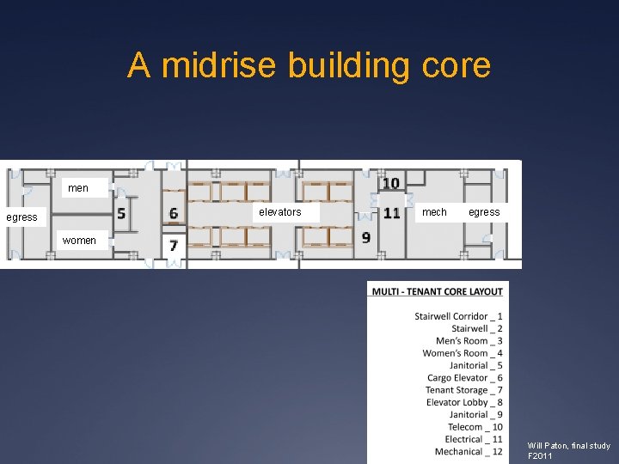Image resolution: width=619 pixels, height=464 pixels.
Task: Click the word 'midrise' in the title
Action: pos(218,65)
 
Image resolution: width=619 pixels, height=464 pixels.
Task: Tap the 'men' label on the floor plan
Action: pos(78,188)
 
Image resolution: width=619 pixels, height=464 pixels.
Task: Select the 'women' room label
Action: pos(79,241)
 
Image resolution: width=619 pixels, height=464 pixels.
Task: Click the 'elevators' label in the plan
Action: pos(280,212)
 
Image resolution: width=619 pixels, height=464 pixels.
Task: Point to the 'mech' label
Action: pos(434,212)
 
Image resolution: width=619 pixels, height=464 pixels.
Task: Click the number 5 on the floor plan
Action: pos(121,214)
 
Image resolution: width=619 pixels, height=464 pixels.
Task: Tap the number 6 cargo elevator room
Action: pos(174,213)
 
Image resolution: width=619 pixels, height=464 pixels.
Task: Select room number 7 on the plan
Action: pos(174,246)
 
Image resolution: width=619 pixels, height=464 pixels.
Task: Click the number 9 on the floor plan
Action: pos(366,237)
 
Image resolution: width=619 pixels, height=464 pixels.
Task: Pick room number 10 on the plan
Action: pos(391,183)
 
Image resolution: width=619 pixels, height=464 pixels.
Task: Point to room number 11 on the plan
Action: pos(392,213)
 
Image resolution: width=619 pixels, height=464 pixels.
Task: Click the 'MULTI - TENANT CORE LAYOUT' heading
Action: pos(438,291)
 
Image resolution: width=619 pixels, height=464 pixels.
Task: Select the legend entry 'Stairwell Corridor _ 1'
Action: pos(458,316)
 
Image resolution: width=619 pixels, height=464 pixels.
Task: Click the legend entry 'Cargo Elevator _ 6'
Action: pos(464,378)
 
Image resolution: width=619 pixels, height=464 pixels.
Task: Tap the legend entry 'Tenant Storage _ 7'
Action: pos(464,390)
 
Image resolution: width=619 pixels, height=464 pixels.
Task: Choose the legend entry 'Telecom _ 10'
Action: pos(475,427)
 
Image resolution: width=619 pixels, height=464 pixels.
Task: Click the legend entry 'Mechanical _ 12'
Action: pos(469,452)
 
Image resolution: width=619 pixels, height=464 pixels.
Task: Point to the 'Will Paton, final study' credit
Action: pos(569,446)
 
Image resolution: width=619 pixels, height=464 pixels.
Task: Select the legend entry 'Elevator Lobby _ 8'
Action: pos(464,402)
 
